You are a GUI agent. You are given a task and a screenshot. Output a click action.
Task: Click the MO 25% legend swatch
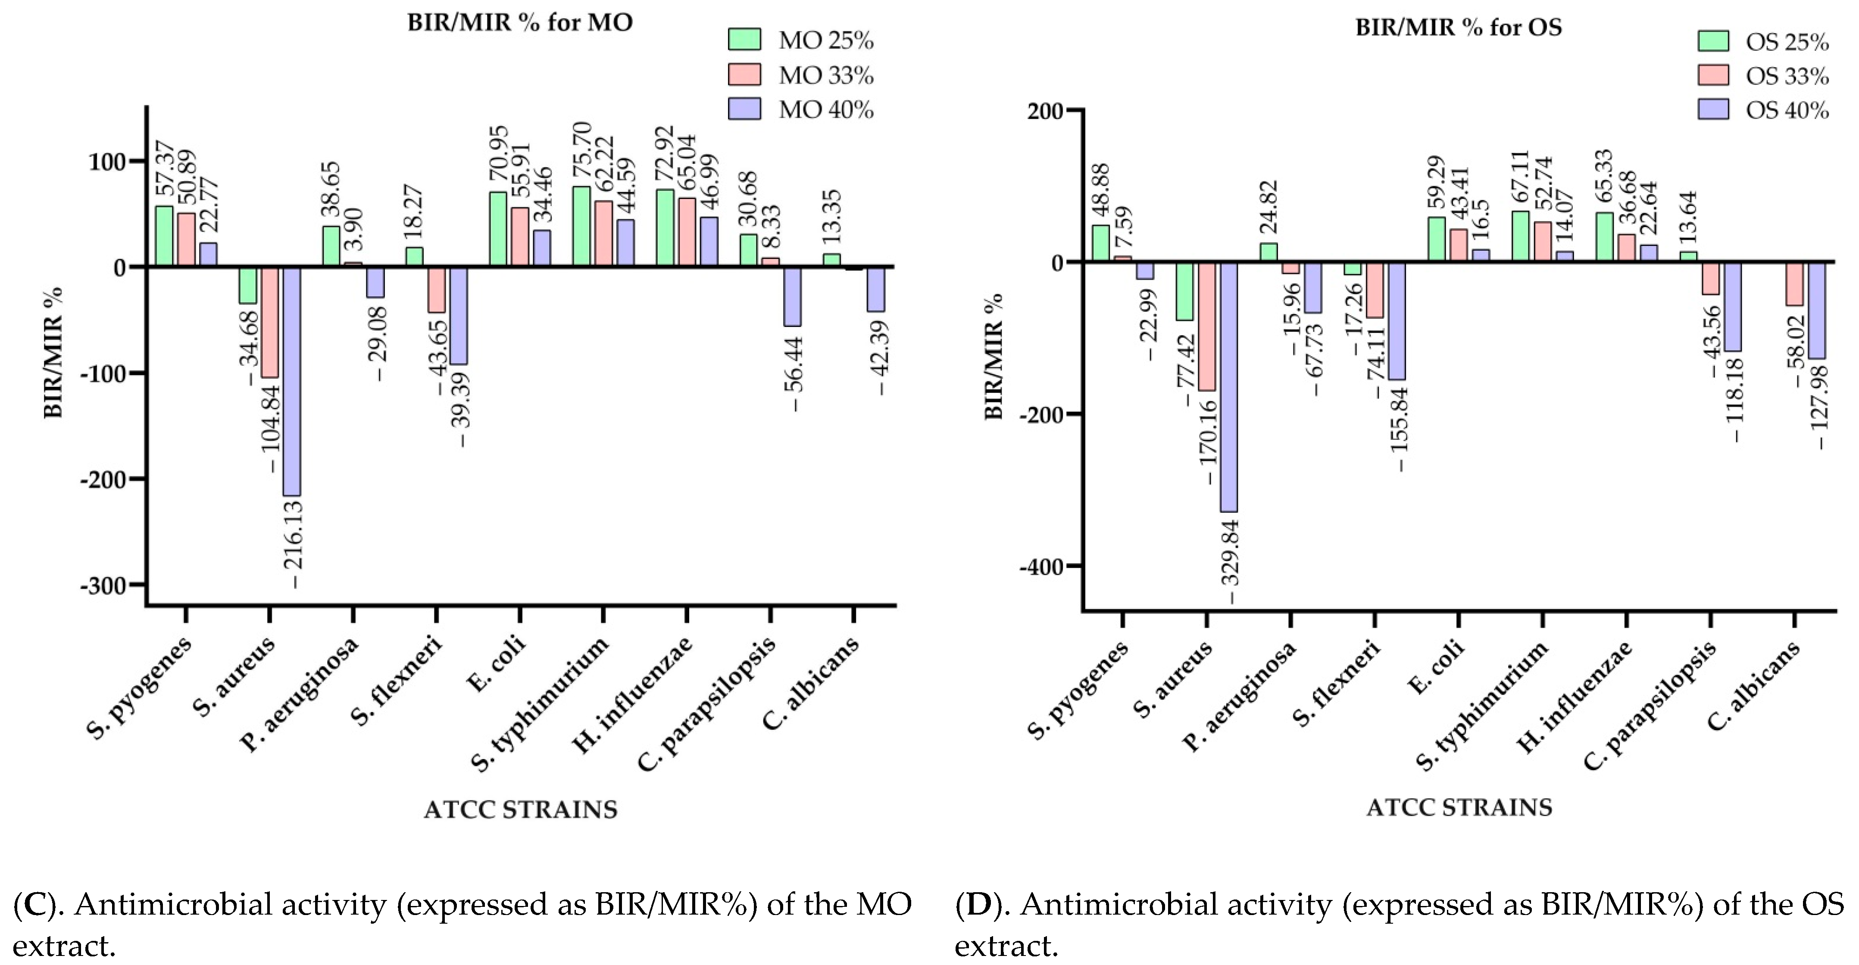744,40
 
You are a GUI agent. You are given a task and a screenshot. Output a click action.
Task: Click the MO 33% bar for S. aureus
270,322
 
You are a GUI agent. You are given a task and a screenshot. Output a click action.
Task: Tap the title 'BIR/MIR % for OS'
1459,28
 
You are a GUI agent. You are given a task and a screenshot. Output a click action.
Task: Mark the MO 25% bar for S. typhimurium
581,227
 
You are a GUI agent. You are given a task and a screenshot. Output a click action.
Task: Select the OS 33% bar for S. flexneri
1375,290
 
